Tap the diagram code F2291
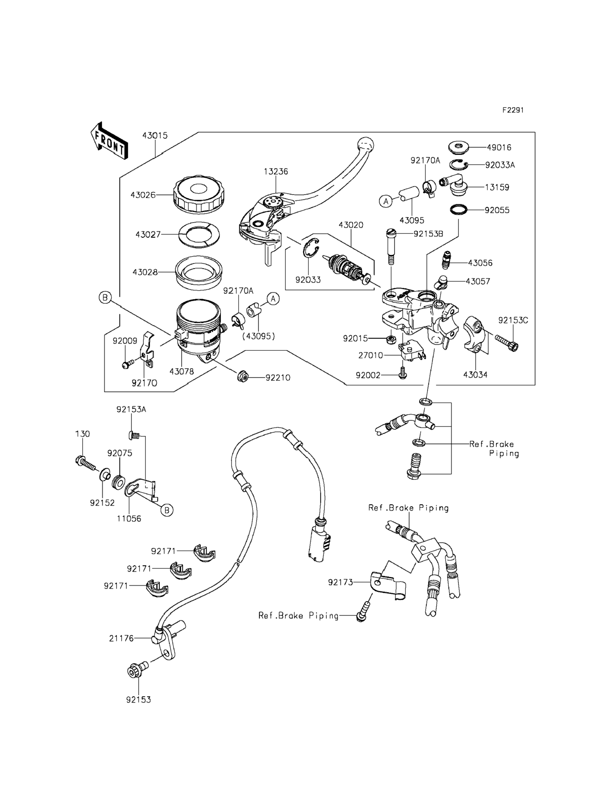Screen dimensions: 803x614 (513, 110)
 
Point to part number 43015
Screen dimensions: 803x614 (155, 135)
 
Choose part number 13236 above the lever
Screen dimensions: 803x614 (276, 171)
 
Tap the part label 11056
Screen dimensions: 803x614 (129, 519)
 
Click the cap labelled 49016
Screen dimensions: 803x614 (459, 148)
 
